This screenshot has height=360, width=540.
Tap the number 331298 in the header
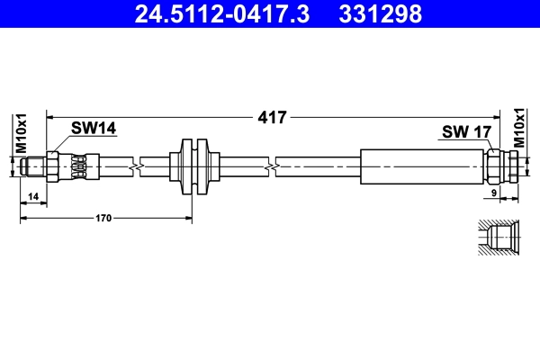(x=380, y=13)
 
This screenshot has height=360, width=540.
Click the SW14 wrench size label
(x=94, y=130)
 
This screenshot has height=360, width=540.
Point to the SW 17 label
(x=465, y=132)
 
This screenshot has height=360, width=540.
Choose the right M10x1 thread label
(x=519, y=127)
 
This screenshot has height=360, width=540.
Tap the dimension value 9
(x=495, y=193)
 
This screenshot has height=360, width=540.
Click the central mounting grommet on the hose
(x=193, y=166)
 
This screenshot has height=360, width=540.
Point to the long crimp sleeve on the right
(x=422, y=166)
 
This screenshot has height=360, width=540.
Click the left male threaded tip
(x=33, y=166)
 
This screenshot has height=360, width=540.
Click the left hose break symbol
(x=134, y=166)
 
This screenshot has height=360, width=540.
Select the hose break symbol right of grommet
(x=271, y=166)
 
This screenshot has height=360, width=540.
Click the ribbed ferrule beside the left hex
(x=80, y=166)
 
